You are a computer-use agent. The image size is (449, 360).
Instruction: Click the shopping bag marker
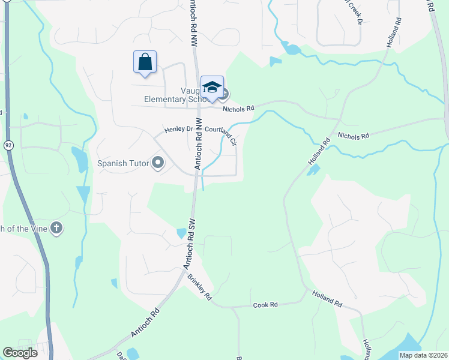pos(145,62)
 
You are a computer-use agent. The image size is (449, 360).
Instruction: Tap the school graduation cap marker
pos(212,88)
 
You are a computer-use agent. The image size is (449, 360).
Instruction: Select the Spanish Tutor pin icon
pos(158,163)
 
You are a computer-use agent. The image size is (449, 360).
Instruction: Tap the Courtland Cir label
pos(221,133)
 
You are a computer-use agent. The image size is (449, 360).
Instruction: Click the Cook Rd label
pos(265,305)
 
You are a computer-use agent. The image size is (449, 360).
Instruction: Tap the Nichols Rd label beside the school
pos(238,109)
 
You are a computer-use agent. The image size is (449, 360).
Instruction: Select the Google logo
pos(20,353)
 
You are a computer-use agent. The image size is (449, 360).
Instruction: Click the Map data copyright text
pos(423,355)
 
